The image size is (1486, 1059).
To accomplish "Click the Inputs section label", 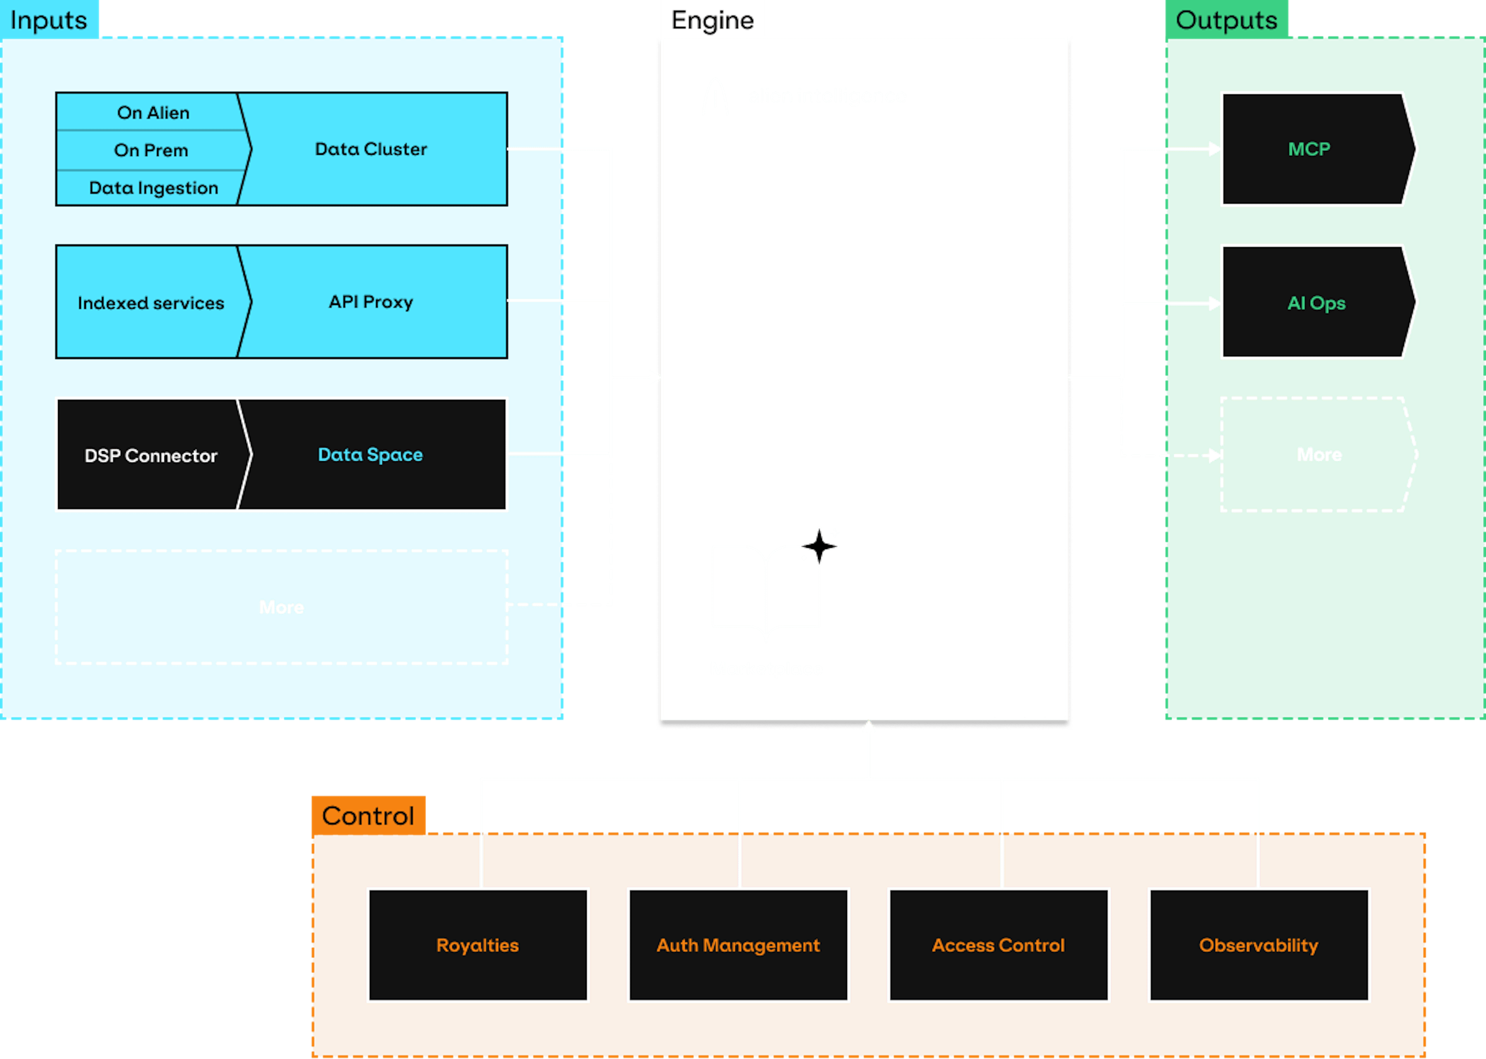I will (49, 20).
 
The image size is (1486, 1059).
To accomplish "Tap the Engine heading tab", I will (712, 20).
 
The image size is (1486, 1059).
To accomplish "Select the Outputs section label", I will (1226, 20).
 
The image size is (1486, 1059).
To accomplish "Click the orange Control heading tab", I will (368, 815).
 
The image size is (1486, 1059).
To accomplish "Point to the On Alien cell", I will (153, 113).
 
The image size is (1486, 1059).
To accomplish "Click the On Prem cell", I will (151, 150).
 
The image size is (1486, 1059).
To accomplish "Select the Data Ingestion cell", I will (153, 188).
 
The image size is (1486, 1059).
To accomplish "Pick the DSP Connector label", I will (151, 455).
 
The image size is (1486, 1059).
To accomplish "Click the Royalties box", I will (477, 945).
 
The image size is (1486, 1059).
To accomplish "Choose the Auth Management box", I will (738, 945).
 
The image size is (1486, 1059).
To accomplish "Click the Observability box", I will (1258, 945).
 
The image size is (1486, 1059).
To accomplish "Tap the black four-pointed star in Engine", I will (819, 546).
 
